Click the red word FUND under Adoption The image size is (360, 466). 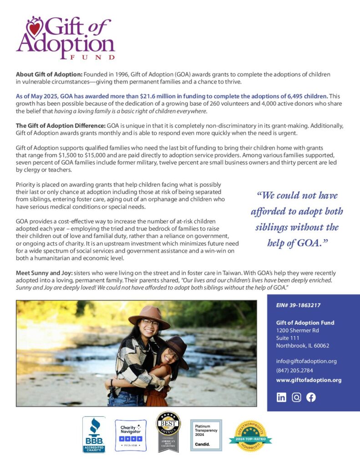click(x=93, y=57)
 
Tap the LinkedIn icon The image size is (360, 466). click(x=281, y=397)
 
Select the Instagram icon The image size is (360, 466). click(x=296, y=397)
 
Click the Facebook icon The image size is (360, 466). click(x=311, y=397)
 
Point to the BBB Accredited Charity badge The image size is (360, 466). click(x=94, y=435)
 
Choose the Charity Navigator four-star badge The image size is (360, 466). click(x=131, y=436)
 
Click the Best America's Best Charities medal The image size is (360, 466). click(x=168, y=432)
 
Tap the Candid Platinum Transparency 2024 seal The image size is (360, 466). click(x=206, y=435)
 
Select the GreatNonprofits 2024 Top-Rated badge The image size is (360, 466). click(x=251, y=436)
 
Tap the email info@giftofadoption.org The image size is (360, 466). click(x=306, y=361)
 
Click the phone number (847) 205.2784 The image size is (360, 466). click(x=294, y=370)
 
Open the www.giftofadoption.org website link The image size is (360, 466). click(x=309, y=380)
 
